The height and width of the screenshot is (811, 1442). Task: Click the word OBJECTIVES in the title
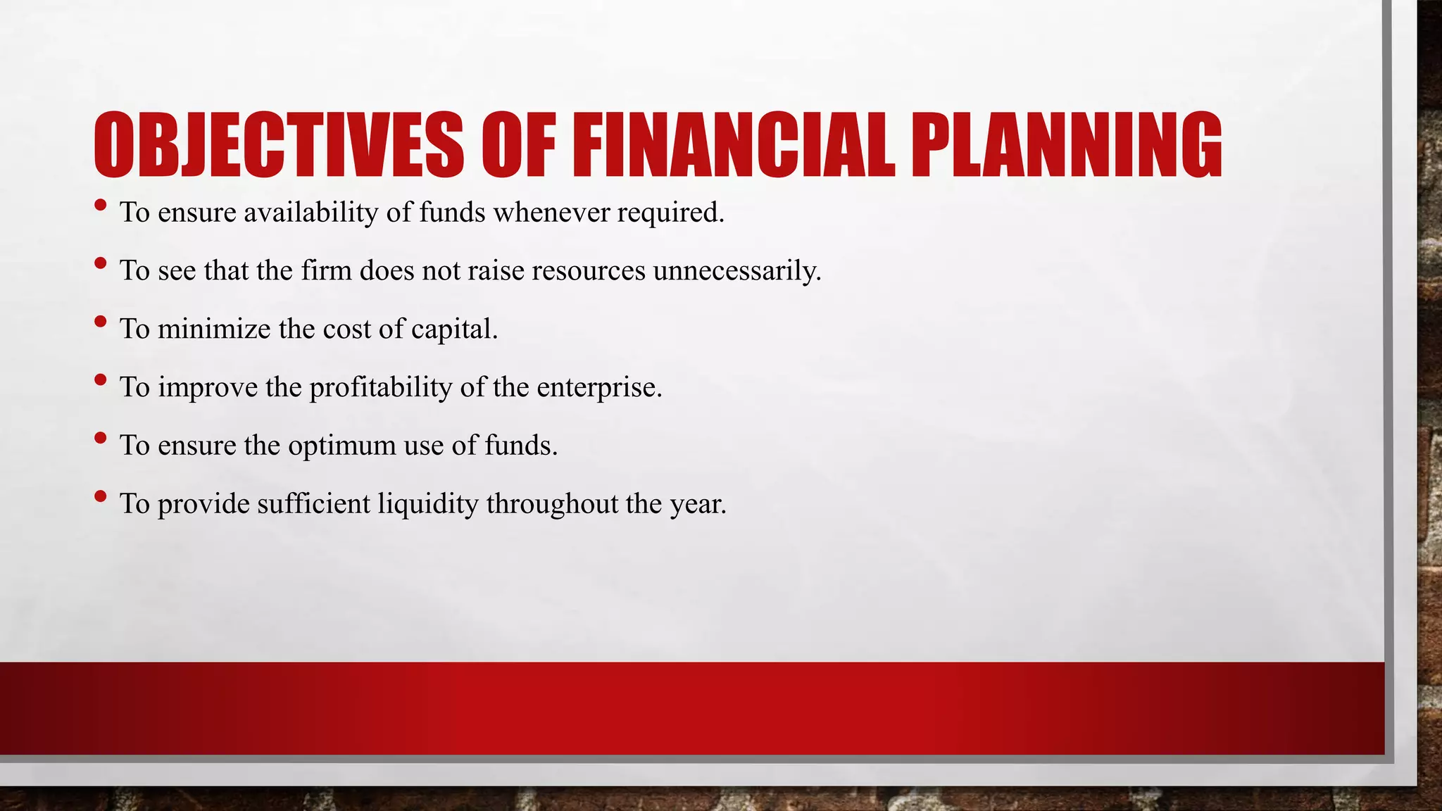pyautogui.click(x=278, y=146)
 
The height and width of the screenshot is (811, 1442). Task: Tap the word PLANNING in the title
pyautogui.click(x=1066, y=146)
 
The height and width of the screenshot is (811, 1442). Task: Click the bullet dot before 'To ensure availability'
pyautogui.click(x=100, y=206)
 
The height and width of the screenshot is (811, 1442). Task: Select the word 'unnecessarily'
pyautogui.click(x=736, y=271)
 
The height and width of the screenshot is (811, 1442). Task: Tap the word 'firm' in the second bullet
pyautogui.click(x=326, y=271)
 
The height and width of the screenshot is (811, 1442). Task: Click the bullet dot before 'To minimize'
pyautogui.click(x=100, y=322)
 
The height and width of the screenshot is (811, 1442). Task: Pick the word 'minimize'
pyautogui.click(x=214, y=329)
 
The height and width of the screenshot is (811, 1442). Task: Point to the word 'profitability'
pyautogui.click(x=380, y=388)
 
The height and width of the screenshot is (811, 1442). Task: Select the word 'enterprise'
pyautogui.click(x=598, y=388)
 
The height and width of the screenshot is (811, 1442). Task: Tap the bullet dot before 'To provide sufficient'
pyautogui.click(x=100, y=496)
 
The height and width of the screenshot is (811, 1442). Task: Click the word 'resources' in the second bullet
pyautogui.click(x=588, y=271)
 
